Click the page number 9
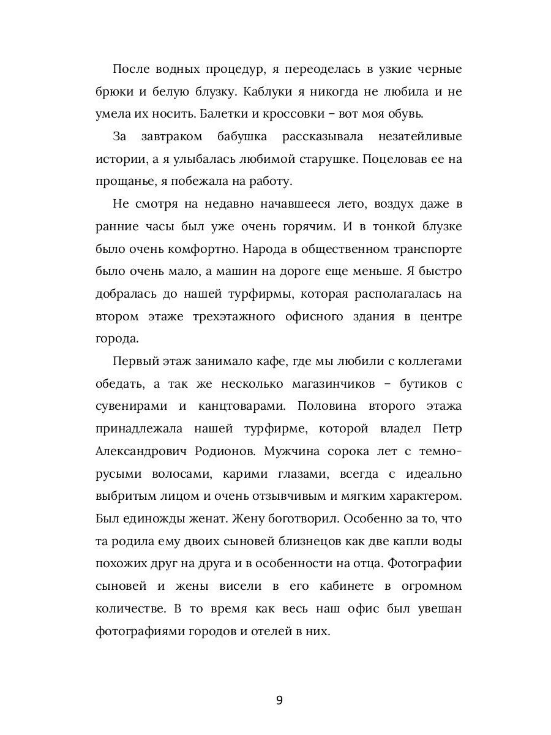click(279, 701)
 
